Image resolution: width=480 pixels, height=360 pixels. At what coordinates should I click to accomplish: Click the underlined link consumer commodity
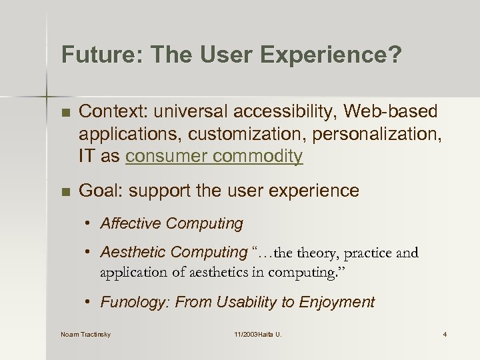coord(214,156)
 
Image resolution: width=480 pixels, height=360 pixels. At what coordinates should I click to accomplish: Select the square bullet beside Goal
coord(65,191)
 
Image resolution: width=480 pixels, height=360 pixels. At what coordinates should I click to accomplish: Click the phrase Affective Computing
coord(171,223)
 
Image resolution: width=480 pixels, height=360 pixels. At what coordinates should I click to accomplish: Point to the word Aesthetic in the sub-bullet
coord(133,252)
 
